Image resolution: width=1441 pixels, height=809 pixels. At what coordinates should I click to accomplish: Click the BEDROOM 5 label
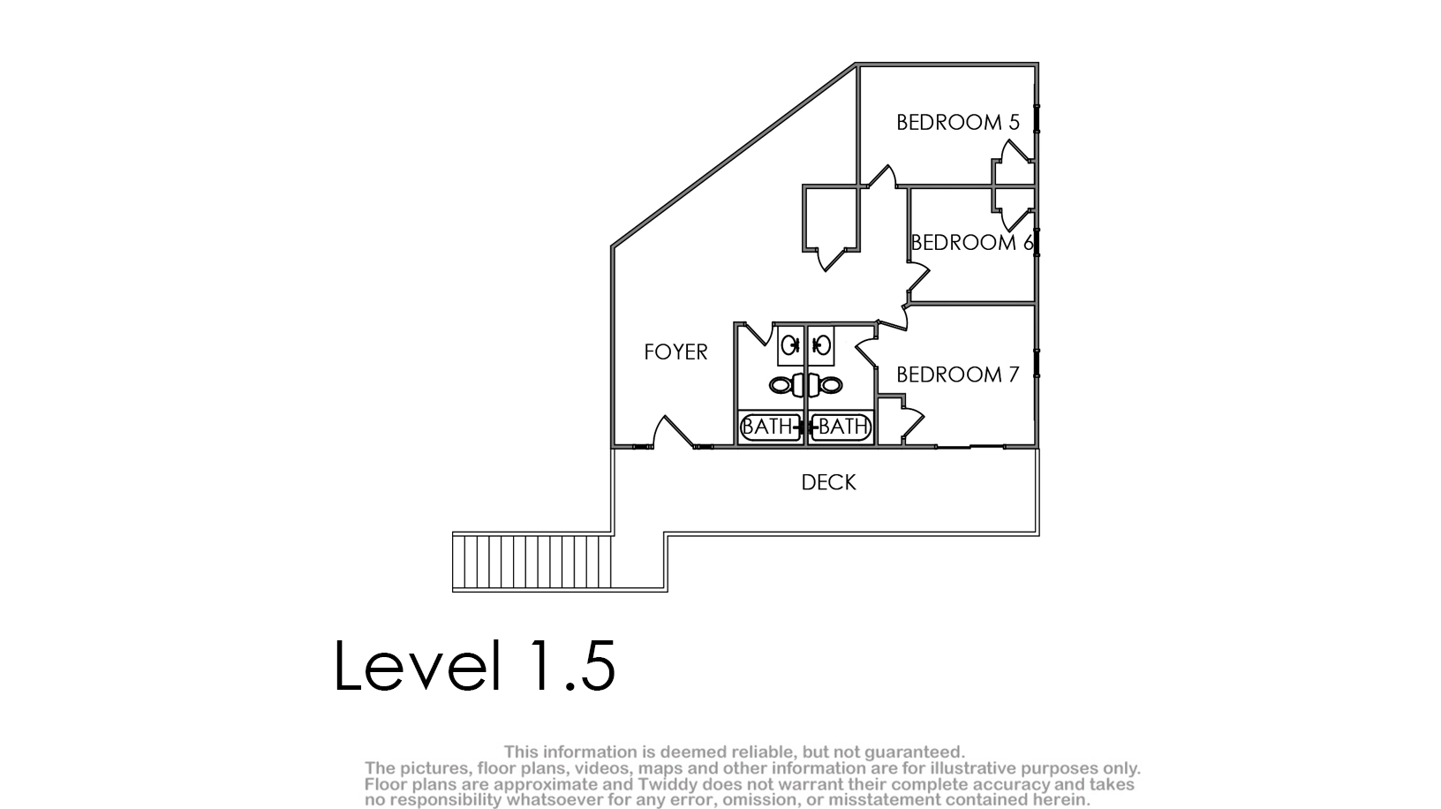tap(958, 122)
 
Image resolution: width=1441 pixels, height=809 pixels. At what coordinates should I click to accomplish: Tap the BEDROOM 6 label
tap(972, 243)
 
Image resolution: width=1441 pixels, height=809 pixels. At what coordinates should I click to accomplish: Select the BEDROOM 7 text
tap(958, 374)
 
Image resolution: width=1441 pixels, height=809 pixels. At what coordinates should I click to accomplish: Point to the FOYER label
tap(675, 352)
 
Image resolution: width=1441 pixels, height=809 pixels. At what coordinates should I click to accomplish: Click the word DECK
tap(828, 483)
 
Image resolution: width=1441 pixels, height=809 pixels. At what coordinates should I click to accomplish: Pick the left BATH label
tap(766, 426)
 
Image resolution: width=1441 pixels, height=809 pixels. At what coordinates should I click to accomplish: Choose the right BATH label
tap(843, 426)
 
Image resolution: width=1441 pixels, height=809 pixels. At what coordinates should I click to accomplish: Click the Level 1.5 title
tap(475, 665)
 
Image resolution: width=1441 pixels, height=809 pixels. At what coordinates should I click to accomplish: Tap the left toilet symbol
tap(785, 386)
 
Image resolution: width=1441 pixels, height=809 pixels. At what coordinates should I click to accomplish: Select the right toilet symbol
tap(826, 386)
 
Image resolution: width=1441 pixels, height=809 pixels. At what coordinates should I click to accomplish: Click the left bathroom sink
tap(790, 346)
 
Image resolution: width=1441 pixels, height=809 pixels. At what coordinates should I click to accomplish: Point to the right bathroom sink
tap(821, 346)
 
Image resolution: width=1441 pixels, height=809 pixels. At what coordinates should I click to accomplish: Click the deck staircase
tap(532, 561)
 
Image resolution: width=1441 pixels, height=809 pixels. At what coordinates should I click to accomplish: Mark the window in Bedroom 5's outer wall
tap(1037, 119)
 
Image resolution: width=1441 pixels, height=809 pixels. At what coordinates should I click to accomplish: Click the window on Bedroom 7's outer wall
tap(1037, 364)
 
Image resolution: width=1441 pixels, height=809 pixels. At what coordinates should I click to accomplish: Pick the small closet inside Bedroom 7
tap(890, 421)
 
